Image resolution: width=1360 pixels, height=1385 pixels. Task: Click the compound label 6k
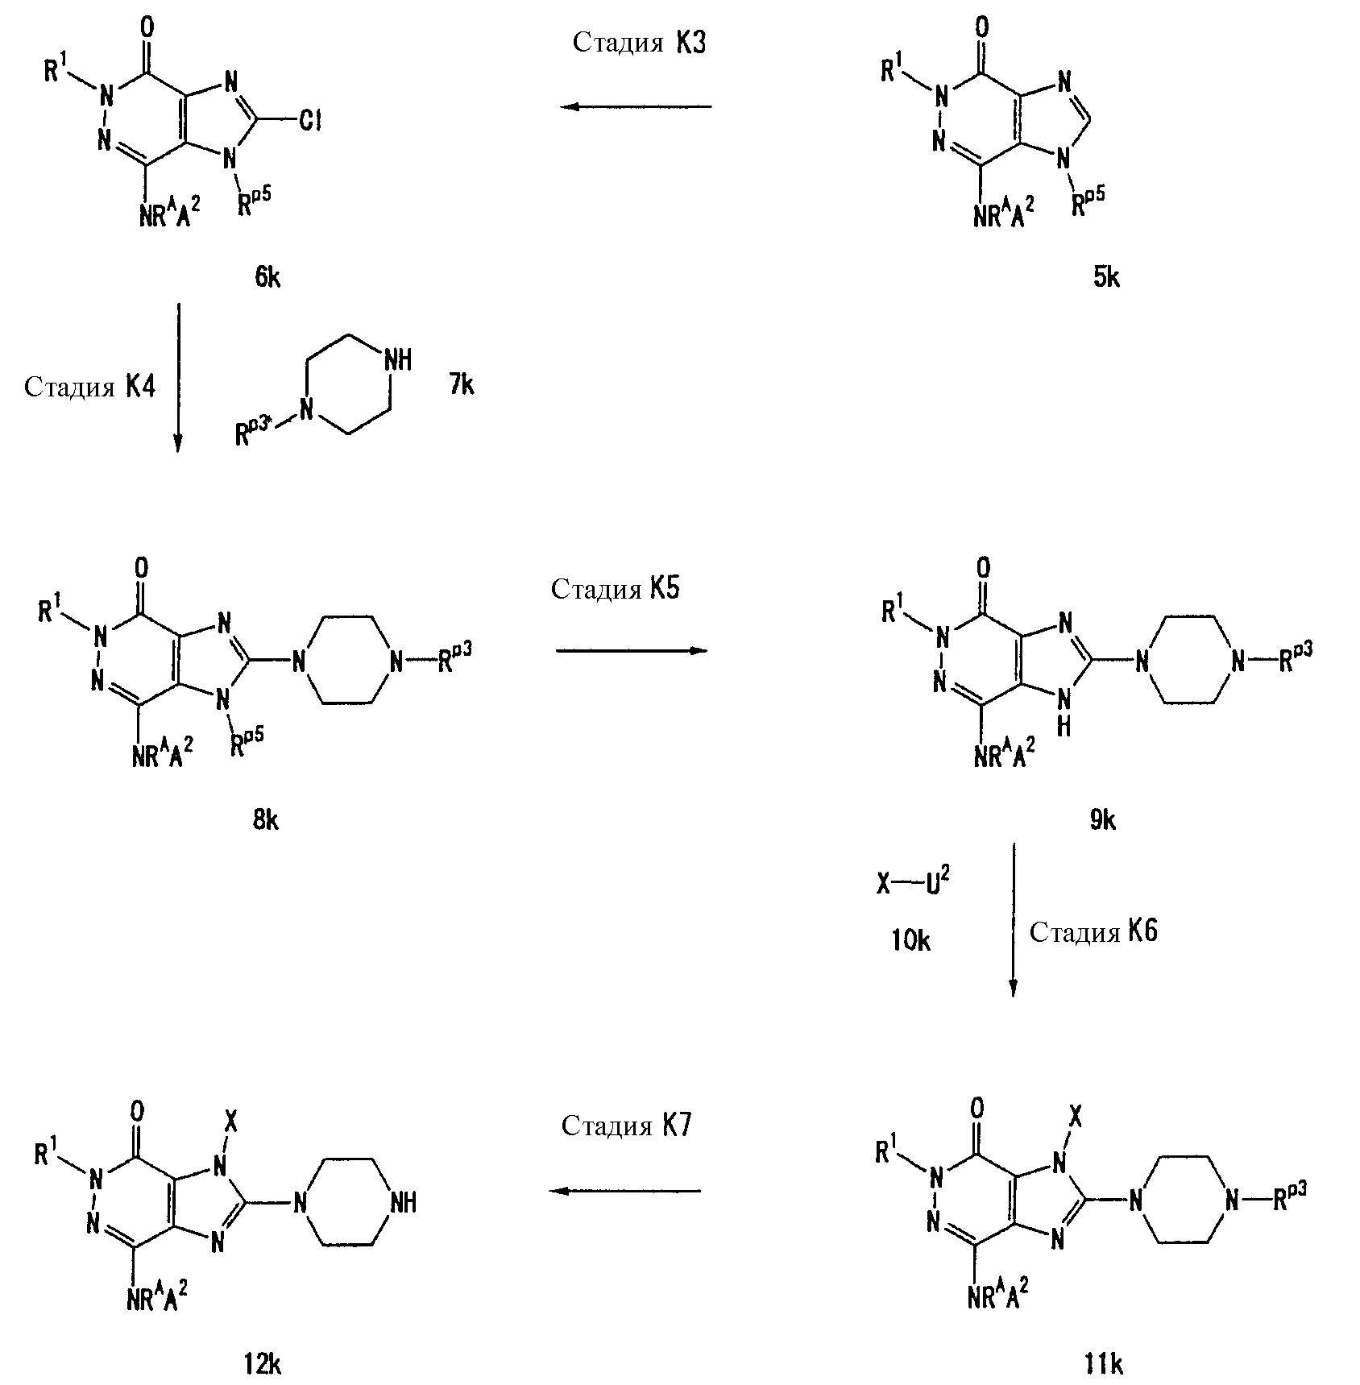pos(267,278)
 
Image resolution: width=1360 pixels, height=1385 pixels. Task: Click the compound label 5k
pos(1106,278)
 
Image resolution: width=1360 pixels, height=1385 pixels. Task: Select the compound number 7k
pos(462,385)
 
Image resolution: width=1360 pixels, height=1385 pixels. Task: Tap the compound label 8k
pos(266,820)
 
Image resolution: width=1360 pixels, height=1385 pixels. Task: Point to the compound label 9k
pos(1103,820)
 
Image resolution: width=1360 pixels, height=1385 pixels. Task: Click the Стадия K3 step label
pos(639,43)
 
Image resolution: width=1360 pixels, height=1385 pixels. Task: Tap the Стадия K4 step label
pos(89,387)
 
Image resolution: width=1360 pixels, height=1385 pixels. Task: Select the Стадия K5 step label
pos(616,588)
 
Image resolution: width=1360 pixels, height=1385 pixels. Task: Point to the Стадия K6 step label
pos(1093,932)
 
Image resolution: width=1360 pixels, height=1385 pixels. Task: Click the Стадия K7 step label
pos(627,1125)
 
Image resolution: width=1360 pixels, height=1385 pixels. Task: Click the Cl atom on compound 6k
pos(310,122)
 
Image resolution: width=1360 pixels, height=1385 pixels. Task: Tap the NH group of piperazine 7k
pos(398,360)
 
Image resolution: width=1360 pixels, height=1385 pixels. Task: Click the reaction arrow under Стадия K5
pos(631,650)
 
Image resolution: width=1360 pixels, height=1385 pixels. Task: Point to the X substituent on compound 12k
pos(231,1122)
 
